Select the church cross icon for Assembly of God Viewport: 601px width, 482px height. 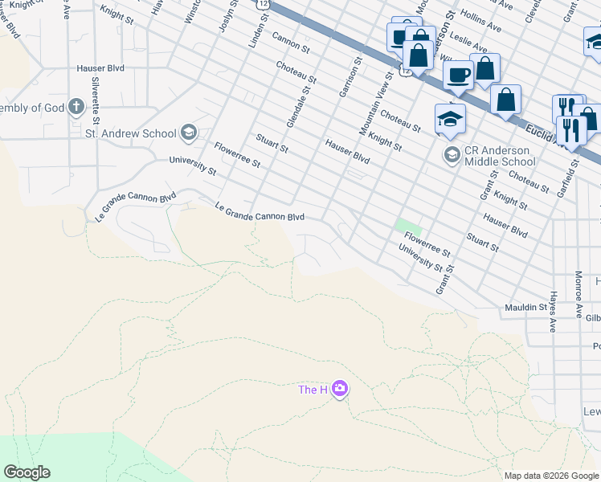tap(76, 107)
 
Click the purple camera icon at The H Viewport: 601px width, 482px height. tap(340, 390)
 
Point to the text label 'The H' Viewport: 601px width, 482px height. tap(313, 390)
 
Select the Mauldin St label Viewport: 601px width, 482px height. tap(526, 307)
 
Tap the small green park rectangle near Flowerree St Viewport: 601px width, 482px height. tap(408, 227)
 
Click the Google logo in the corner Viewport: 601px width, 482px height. tap(27, 472)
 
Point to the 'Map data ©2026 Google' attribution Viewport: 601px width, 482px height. tap(551, 476)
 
